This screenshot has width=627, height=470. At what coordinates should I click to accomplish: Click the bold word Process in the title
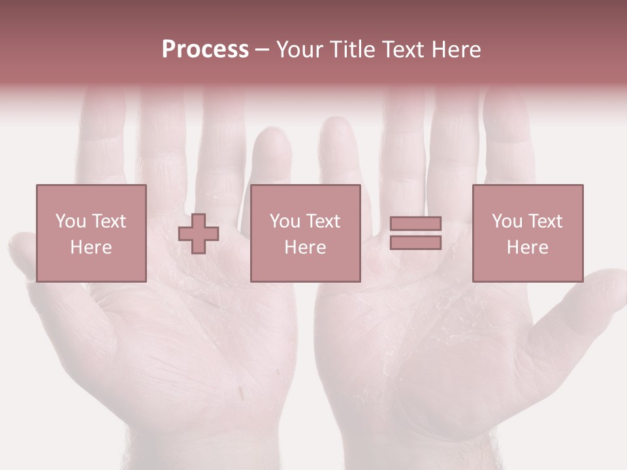[x=205, y=50]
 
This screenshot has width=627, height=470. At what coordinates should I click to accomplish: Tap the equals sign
[x=415, y=233]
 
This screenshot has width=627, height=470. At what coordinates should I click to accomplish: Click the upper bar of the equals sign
[x=415, y=224]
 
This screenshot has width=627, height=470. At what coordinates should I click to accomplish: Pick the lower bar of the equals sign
[x=415, y=242]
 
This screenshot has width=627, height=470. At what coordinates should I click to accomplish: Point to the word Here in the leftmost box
[x=91, y=247]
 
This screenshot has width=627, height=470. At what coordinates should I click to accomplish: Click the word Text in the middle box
[x=323, y=221]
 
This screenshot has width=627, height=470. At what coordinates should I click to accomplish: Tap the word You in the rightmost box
[x=507, y=221]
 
